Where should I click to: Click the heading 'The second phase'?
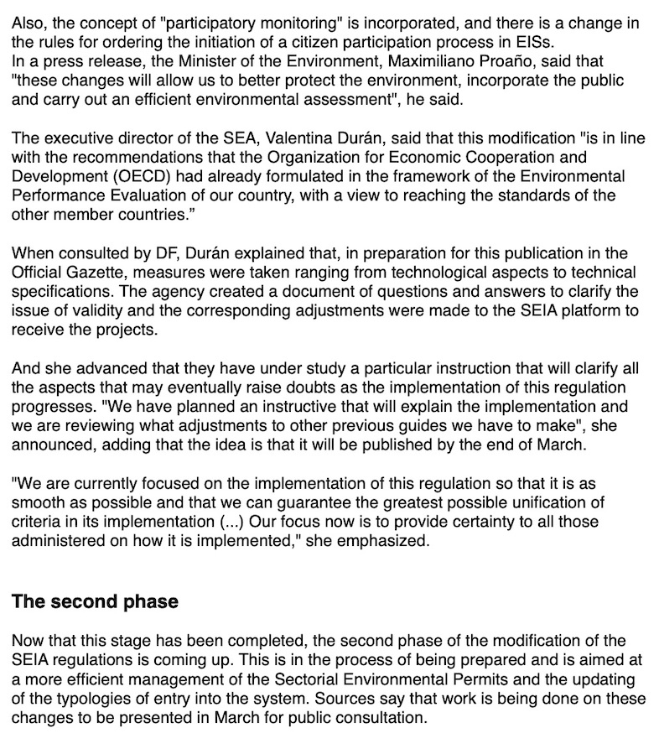[x=95, y=601]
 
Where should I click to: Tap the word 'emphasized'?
[x=388, y=542]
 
